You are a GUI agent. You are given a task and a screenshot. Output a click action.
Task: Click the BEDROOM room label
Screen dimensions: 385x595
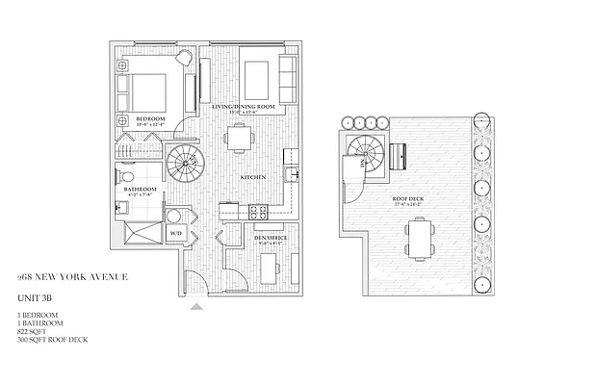151,118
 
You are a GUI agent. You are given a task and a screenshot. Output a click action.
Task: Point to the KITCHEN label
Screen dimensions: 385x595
253,178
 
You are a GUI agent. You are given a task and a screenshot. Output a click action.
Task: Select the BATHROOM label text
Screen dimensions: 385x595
140,189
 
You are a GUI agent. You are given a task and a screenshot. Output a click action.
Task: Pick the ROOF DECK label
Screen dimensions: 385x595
409,199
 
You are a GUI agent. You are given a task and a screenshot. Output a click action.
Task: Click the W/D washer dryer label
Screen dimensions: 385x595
176,233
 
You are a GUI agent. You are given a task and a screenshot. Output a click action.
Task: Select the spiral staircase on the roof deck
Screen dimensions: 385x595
366,151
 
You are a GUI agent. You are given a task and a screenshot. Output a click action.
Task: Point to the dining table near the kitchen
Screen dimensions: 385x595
240,138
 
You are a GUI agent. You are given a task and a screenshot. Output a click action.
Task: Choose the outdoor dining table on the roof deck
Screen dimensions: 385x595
420,238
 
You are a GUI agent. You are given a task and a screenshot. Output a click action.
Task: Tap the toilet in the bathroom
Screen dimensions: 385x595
126,177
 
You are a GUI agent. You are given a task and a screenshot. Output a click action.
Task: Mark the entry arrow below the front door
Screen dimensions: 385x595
197,306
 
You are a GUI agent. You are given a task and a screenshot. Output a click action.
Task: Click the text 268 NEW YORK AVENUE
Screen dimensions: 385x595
72,277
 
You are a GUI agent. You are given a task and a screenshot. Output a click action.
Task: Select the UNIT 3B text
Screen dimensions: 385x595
35,298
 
